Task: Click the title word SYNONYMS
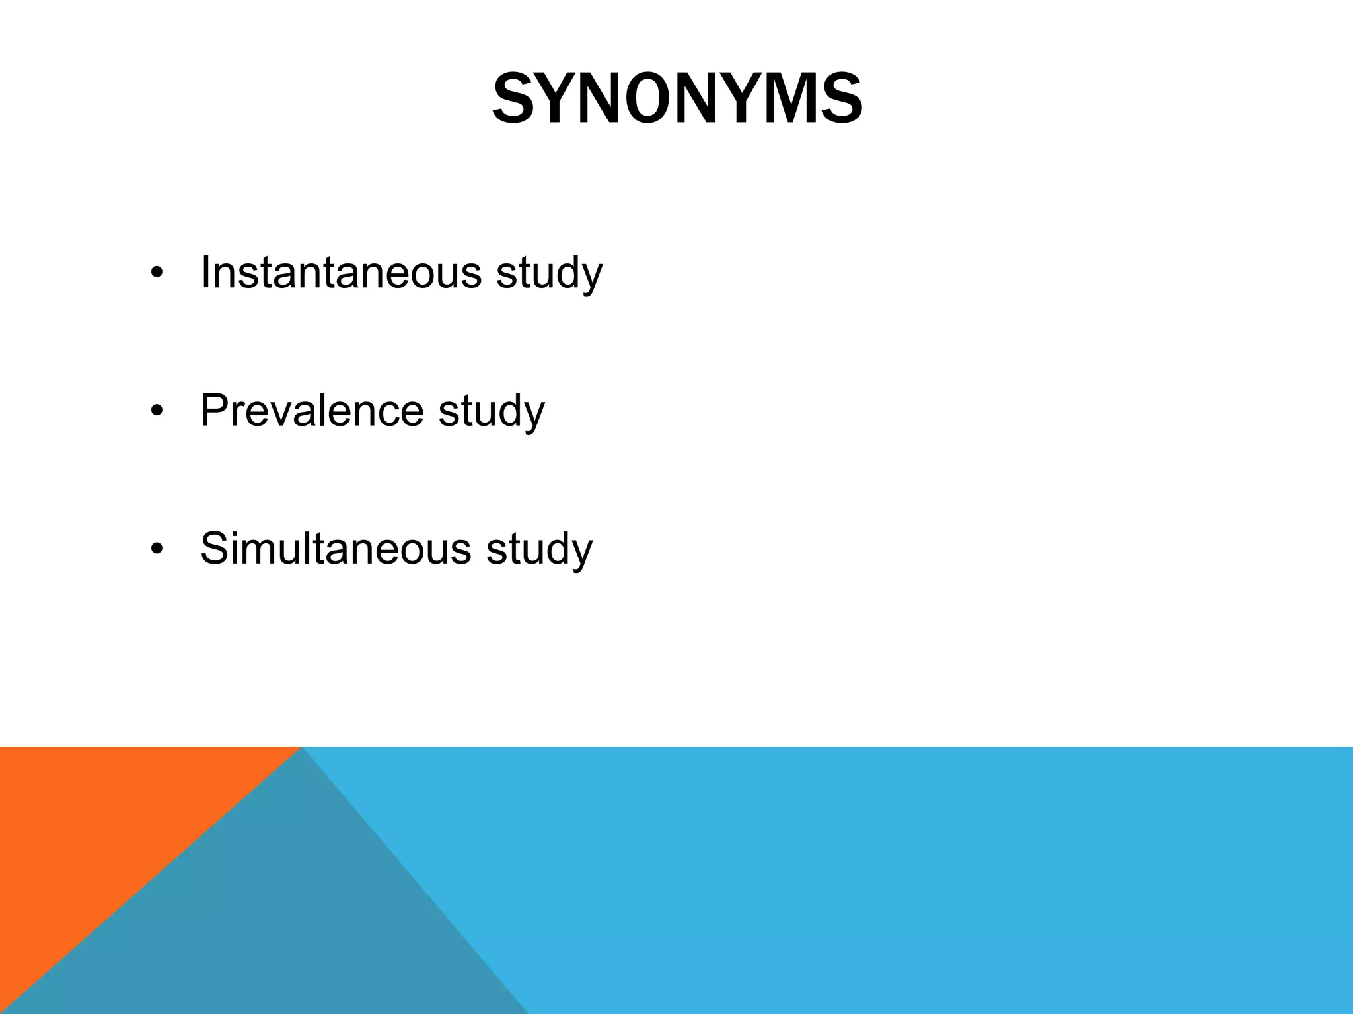click(x=677, y=100)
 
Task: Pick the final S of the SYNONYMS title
click(x=841, y=100)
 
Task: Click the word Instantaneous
click(x=341, y=271)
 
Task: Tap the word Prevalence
click(x=312, y=410)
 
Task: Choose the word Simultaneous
click(x=336, y=548)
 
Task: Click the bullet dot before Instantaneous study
click(x=156, y=274)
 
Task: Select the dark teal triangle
click(x=277, y=924)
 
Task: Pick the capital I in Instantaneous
click(x=205, y=271)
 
